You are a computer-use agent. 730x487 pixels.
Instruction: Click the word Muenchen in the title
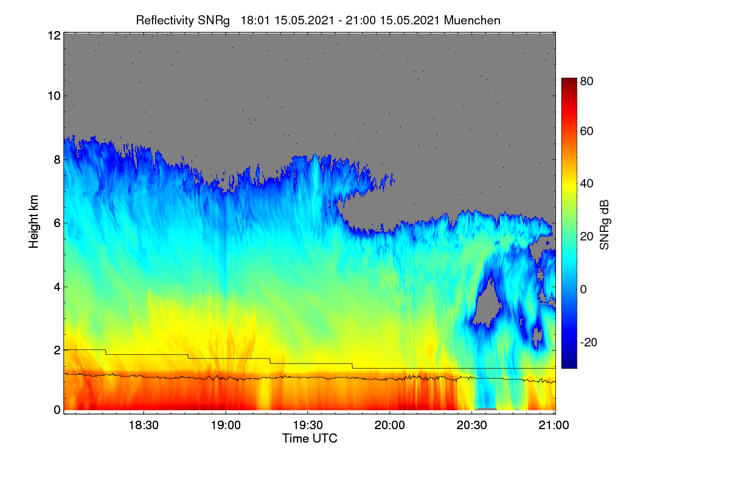472,21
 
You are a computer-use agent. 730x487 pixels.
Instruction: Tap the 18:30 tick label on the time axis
144,426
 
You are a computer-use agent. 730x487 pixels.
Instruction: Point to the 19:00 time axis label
226,426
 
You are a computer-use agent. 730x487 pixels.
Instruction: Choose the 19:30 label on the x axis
308,426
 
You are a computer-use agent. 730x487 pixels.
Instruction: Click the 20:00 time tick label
390,426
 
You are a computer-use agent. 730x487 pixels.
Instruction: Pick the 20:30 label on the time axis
472,426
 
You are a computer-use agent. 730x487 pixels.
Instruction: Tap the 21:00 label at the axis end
554,426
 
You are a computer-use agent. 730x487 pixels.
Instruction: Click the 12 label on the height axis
54,35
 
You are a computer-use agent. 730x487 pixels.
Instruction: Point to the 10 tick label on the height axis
54,96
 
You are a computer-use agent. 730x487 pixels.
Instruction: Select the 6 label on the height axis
57,223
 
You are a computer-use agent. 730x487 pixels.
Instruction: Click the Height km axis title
33,222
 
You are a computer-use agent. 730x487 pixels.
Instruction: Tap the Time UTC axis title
310,439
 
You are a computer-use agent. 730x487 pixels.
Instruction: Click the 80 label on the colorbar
586,81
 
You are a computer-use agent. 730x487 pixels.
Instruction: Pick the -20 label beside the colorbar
589,343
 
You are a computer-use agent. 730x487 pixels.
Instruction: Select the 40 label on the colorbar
586,184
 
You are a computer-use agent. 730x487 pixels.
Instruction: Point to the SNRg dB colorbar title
604,225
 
